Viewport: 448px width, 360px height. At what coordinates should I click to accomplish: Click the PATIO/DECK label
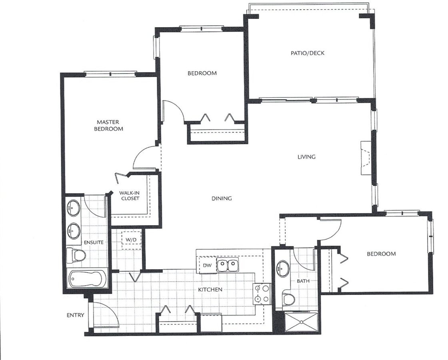click(308, 53)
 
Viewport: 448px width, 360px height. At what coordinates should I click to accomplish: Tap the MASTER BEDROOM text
click(108, 126)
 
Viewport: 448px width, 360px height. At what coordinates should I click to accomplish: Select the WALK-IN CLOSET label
click(130, 196)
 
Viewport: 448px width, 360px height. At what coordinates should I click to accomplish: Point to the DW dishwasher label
click(207, 266)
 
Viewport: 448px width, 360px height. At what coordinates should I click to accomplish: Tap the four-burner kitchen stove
click(262, 294)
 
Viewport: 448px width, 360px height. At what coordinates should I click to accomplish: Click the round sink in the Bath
click(283, 268)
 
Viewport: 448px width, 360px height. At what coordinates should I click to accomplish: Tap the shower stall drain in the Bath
click(301, 322)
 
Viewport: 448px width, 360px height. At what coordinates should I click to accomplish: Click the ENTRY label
click(76, 315)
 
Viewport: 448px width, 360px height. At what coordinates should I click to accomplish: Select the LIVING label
click(306, 157)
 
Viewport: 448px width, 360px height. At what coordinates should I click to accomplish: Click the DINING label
click(222, 198)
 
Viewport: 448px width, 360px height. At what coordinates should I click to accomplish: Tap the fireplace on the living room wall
click(366, 158)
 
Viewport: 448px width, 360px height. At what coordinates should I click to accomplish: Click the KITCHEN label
click(210, 290)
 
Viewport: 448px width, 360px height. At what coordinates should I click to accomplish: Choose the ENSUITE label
click(94, 242)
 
